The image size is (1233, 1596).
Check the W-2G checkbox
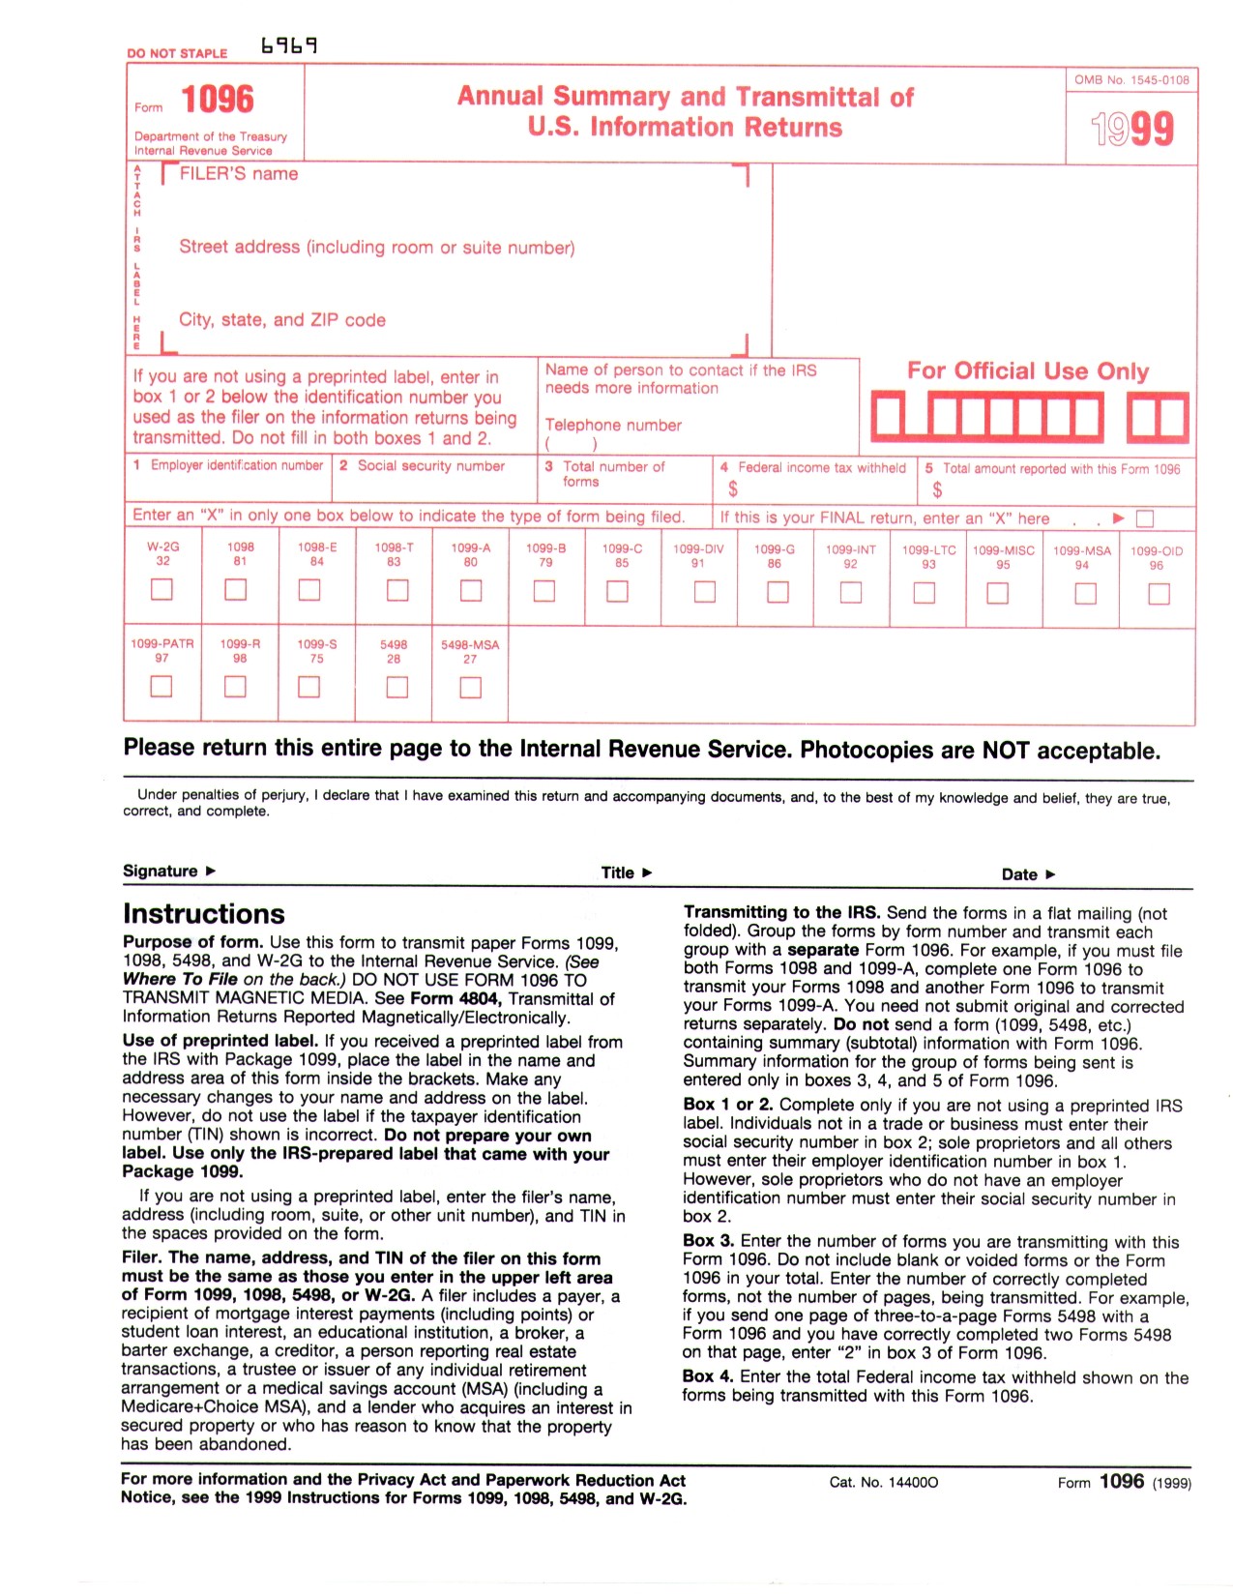pos(161,589)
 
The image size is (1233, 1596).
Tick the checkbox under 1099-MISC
pos(996,593)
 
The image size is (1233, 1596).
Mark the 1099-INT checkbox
pos(850,592)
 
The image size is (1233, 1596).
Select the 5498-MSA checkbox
pos(470,688)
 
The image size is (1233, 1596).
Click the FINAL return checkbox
pos(1144,518)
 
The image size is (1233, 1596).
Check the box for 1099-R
pos(235,686)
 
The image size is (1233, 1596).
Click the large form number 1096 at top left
pos(218,100)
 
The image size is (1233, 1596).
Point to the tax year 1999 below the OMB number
pos(1131,129)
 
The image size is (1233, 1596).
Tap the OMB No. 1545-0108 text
pos(1130,80)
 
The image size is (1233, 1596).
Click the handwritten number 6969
pos(289,45)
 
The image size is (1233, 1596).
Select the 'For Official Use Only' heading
pos(1027,370)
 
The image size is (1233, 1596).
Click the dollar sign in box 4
pos(732,488)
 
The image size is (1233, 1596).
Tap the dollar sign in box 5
pos(937,489)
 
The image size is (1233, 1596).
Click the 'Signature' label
pos(161,871)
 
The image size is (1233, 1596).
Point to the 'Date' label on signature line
pos(1019,874)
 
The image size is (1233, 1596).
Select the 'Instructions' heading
pos(204,914)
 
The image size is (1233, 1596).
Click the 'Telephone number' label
pos(613,425)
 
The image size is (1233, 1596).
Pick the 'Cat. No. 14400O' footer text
pos(884,1482)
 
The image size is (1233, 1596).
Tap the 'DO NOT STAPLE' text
pos(177,53)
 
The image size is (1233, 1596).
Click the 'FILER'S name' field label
pos(239,174)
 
